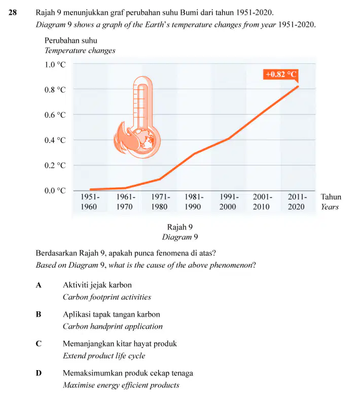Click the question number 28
click(x=13, y=13)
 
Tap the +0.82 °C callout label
click(x=281, y=75)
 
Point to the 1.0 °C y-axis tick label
click(x=55, y=65)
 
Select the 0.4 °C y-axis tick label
click(x=55, y=140)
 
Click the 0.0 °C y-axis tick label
click(x=55, y=191)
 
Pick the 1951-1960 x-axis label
click(x=89, y=202)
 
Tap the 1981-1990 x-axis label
click(x=194, y=202)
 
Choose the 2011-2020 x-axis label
click(x=297, y=202)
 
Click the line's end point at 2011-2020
click(x=298, y=87)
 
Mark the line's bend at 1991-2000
click(x=229, y=138)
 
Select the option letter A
click(x=39, y=285)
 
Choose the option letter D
click(x=39, y=373)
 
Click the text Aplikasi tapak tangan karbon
click(x=112, y=314)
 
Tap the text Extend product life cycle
click(x=104, y=356)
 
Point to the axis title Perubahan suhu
click(x=71, y=41)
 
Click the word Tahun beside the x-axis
click(x=331, y=197)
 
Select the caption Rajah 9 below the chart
click(x=179, y=227)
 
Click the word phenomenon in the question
click(x=233, y=266)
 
